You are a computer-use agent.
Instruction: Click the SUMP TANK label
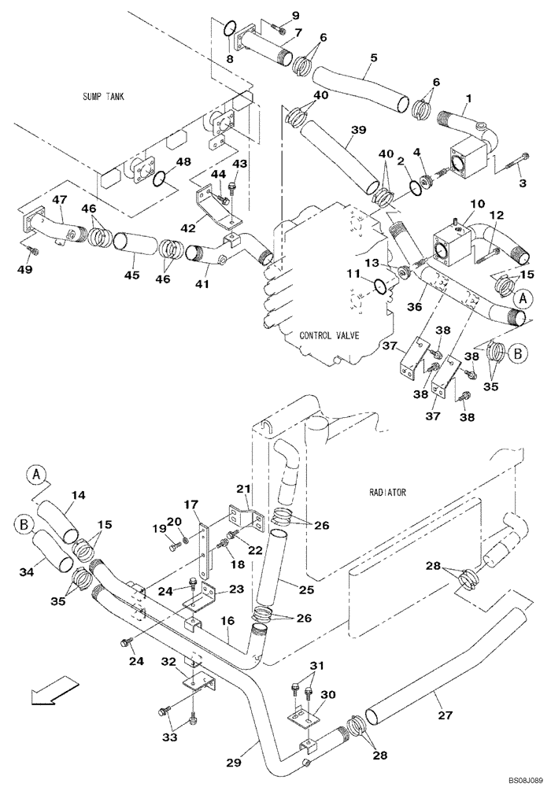(104, 97)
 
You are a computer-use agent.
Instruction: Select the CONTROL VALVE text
(329, 335)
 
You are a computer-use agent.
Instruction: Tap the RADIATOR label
(386, 493)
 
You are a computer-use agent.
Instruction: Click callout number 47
(59, 201)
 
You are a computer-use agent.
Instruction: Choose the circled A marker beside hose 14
(36, 474)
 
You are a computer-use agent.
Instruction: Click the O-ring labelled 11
(378, 286)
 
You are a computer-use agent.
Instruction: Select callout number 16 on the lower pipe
(227, 621)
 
